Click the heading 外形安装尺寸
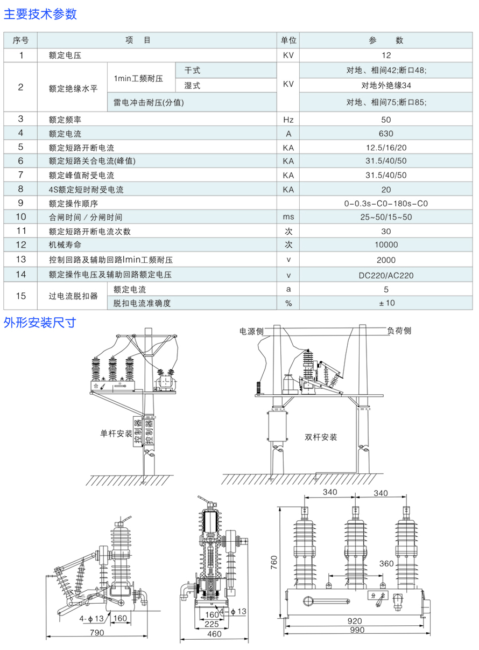[40, 323]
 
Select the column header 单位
[288, 40]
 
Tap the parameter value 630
[386, 134]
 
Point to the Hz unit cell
[288, 120]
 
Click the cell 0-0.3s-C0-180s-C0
[386, 204]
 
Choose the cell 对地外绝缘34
[386, 85]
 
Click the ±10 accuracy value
[386, 303]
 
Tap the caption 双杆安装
[321, 437]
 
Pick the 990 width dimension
[356, 630]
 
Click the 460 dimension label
[214, 634]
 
